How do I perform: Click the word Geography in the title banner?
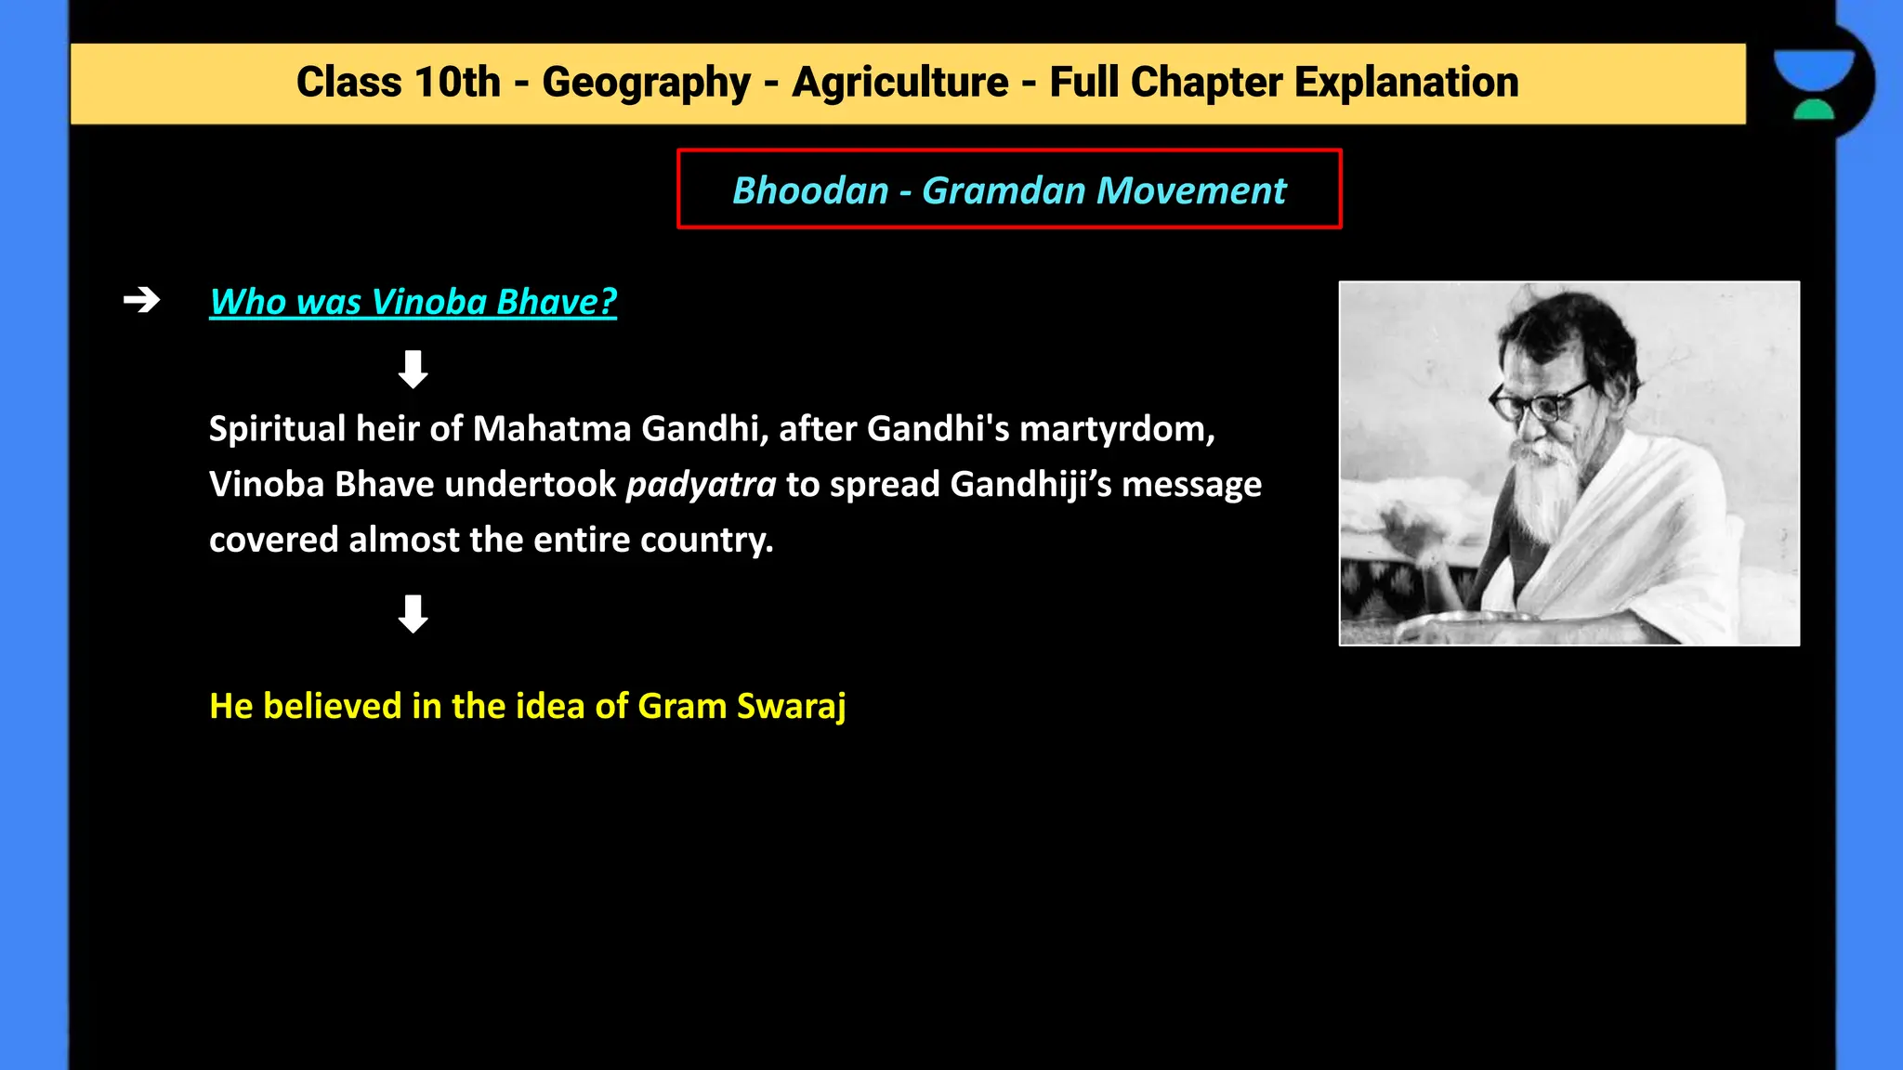point(646,83)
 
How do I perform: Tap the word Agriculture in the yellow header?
point(899,83)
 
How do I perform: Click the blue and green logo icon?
point(1814,84)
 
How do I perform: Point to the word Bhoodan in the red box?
point(810,190)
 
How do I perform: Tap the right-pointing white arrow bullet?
point(141,300)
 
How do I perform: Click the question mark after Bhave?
point(608,302)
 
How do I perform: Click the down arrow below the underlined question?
point(413,369)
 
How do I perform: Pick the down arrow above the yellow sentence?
point(413,614)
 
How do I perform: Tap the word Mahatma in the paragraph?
point(551,429)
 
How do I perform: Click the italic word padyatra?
point(701,485)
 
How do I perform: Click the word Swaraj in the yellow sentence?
point(791,707)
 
